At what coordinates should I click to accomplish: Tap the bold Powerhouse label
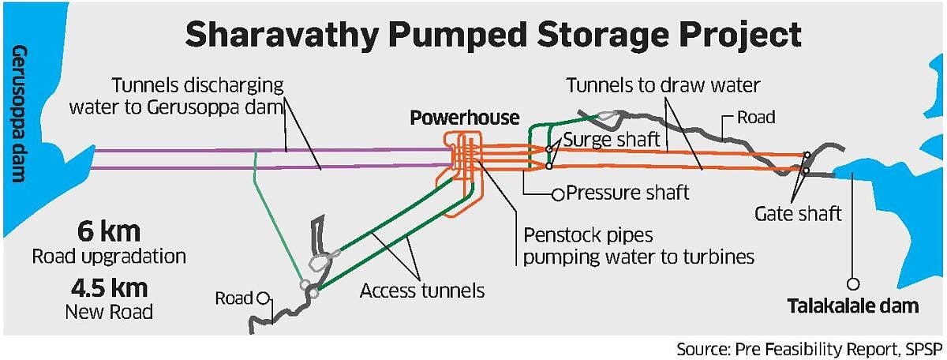coord(465,118)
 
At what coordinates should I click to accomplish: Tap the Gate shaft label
coord(799,212)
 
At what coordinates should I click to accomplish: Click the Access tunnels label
coord(421,291)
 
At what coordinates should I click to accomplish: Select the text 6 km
coord(109,233)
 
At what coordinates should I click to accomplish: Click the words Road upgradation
coord(109,257)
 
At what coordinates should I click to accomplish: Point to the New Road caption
coord(109,311)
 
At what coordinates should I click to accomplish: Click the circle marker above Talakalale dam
coord(853,283)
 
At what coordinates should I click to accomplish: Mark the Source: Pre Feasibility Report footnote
coord(809,348)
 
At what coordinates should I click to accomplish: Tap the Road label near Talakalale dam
coord(755,118)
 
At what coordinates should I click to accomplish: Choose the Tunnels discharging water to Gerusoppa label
coord(197,96)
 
